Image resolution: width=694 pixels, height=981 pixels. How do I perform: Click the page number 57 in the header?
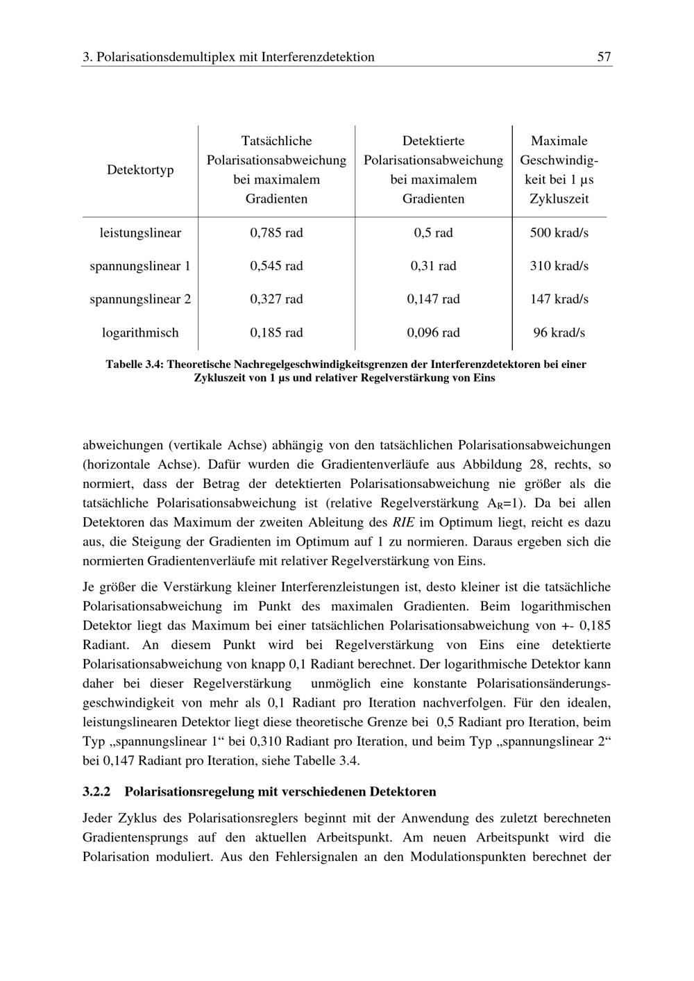click(604, 57)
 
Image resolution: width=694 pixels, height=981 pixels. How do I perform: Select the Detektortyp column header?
click(140, 170)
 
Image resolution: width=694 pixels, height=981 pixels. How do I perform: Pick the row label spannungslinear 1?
click(140, 266)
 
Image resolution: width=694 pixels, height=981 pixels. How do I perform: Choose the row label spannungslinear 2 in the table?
click(140, 299)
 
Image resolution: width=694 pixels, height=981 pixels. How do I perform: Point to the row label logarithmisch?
click(140, 333)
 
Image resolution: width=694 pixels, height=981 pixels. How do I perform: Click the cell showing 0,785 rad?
click(276, 233)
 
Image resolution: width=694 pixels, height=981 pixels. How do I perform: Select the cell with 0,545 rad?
click(276, 266)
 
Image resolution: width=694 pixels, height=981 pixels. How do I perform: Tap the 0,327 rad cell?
click(276, 299)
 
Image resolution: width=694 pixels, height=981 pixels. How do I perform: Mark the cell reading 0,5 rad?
click(433, 233)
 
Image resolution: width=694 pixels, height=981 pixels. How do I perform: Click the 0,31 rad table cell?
click(433, 266)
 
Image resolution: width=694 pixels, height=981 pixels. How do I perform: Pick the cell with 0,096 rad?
click(433, 333)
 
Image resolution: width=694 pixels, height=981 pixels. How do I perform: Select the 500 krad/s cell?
click(559, 233)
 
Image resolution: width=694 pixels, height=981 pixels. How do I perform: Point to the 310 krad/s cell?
click(559, 266)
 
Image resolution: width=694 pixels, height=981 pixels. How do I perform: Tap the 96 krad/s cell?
click(559, 333)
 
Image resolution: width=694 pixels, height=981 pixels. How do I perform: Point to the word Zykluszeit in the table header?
click(559, 199)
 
